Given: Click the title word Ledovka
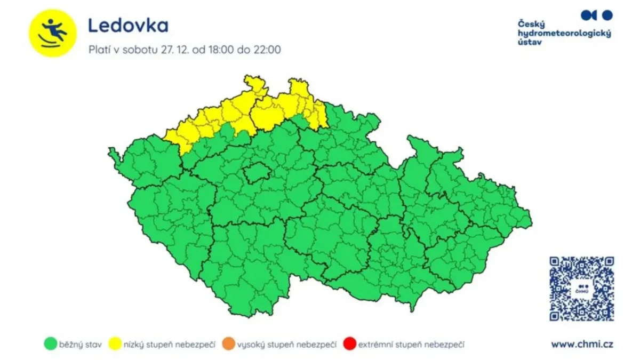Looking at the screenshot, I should pos(128,25).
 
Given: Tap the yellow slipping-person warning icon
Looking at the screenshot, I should pos(53,32).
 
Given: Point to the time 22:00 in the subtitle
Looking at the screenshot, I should pos(266,50).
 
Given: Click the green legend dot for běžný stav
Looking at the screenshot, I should pos(50,345).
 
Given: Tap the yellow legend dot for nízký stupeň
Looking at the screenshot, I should pos(115,345).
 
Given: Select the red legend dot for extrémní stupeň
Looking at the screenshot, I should pos(350,345).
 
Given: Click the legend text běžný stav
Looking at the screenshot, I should pos(81,345).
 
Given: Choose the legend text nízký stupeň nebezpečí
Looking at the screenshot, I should pos(169,345).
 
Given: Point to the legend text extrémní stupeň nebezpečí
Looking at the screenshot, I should pos(411,345).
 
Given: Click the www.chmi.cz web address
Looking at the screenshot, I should pos(582,344).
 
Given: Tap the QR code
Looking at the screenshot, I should pos(581,289).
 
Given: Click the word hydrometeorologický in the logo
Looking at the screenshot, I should pos(564,33).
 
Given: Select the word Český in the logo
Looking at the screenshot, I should pos(530,24).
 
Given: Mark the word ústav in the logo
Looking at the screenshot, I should pos(529,42).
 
